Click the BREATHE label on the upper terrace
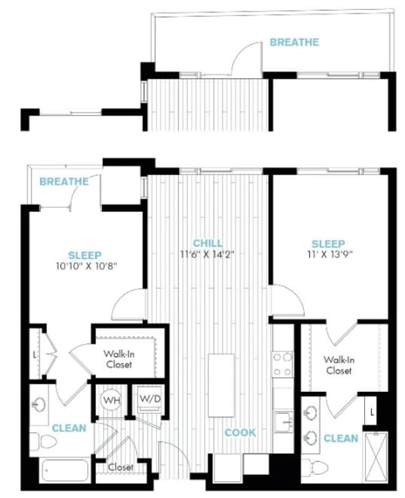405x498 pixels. click(294, 42)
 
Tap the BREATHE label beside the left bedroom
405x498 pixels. click(64, 182)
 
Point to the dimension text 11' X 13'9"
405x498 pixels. click(330, 255)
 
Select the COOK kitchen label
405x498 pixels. click(240, 433)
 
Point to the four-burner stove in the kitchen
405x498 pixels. click(283, 364)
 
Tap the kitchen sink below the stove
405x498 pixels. click(284, 421)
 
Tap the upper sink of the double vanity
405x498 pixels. click(311, 412)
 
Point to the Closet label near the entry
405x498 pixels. click(120, 467)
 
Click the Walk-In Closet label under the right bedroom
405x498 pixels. click(337, 365)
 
